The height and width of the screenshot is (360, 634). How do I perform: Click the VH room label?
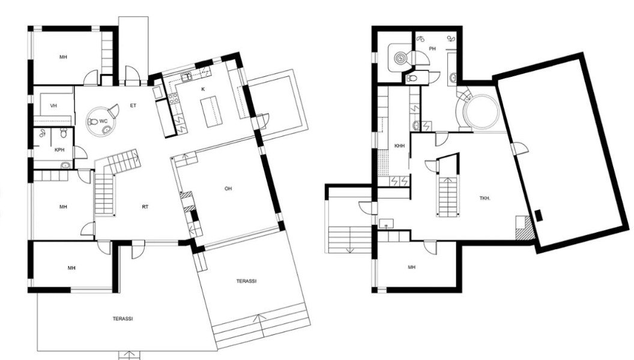click(x=53, y=106)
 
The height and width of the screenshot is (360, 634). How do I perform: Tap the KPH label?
click(x=59, y=150)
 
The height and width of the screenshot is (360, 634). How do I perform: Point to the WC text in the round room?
click(x=103, y=121)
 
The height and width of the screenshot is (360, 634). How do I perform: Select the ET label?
click(x=133, y=106)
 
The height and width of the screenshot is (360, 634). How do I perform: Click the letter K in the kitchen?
click(x=203, y=89)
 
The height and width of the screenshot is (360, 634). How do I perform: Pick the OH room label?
click(x=229, y=188)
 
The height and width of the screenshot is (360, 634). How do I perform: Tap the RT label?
click(x=145, y=207)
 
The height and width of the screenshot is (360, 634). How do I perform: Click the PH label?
click(x=433, y=49)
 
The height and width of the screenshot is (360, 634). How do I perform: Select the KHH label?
click(x=399, y=146)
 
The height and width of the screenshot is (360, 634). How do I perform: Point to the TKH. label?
click(x=485, y=199)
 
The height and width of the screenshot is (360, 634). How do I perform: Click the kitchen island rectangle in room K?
click(x=212, y=112)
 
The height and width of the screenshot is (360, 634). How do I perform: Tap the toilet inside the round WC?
click(x=92, y=121)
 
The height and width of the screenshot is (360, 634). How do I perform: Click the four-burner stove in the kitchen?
click(x=174, y=98)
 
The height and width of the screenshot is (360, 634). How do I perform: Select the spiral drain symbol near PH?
click(x=400, y=58)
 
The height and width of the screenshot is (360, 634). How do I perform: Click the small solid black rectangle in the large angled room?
click(x=539, y=215)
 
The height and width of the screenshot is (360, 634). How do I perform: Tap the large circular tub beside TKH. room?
click(x=481, y=112)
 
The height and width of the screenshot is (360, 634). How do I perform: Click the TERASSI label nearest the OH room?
click(x=246, y=281)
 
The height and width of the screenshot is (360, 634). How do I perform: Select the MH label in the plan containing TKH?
click(x=412, y=268)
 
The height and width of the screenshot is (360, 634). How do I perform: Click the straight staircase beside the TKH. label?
click(x=448, y=197)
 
